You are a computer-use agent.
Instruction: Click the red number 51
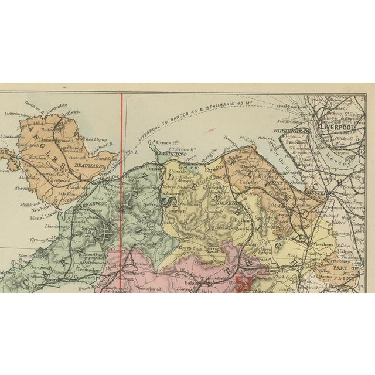pos(241,284)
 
